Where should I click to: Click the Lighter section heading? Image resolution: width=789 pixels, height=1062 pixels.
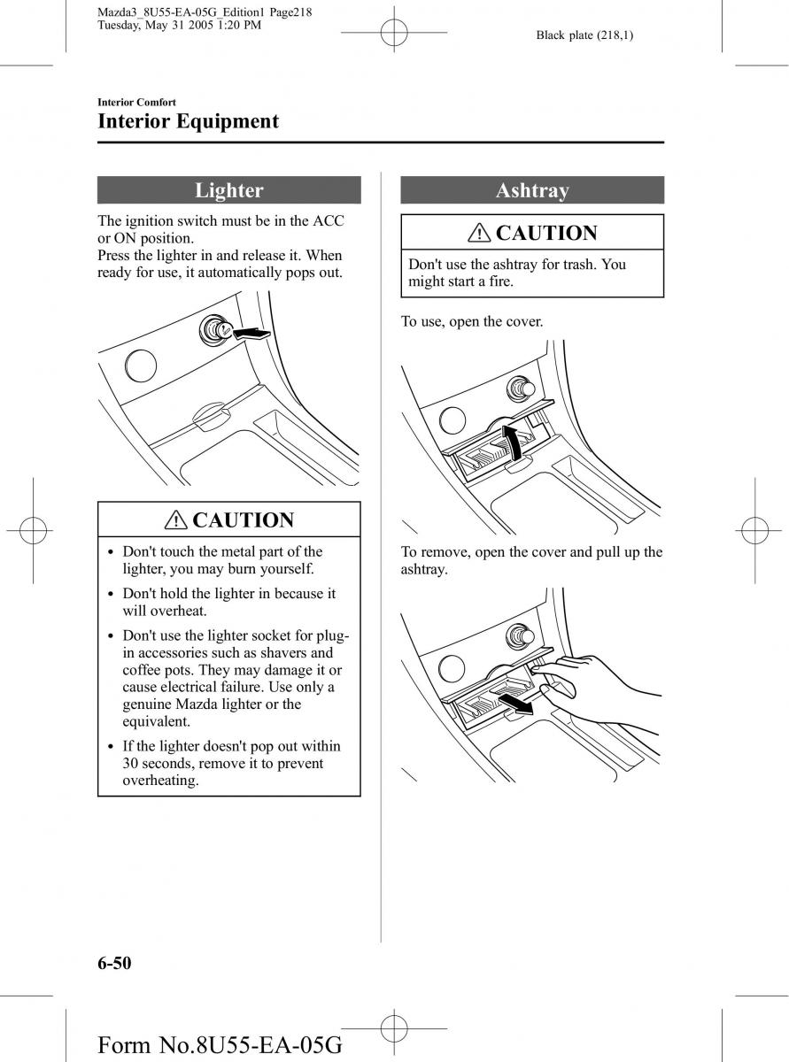pyautogui.click(x=228, y=190)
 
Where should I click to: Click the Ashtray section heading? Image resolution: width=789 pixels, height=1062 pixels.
pyautogui.click(x=531, y=190)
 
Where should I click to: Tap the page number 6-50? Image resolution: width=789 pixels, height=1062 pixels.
pyautogui.click(x=114, y=963)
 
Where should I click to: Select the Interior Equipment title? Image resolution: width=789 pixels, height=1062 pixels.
pyautogui.click(x=188, y=121)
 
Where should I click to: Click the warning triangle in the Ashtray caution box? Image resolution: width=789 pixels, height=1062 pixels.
pyautogui.click(x=481, y=234)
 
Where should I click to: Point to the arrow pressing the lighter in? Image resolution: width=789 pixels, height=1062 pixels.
pyautogui.click(x=249, y=334)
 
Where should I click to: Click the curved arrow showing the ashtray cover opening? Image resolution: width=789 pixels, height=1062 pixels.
pyautogui.click(x=511, y=442)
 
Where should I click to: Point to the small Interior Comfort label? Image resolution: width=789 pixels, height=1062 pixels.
pyautogui.click(x=136, y=103)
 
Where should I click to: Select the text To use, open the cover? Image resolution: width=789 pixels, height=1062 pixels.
pyautogui.click(x=472, y=321)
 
